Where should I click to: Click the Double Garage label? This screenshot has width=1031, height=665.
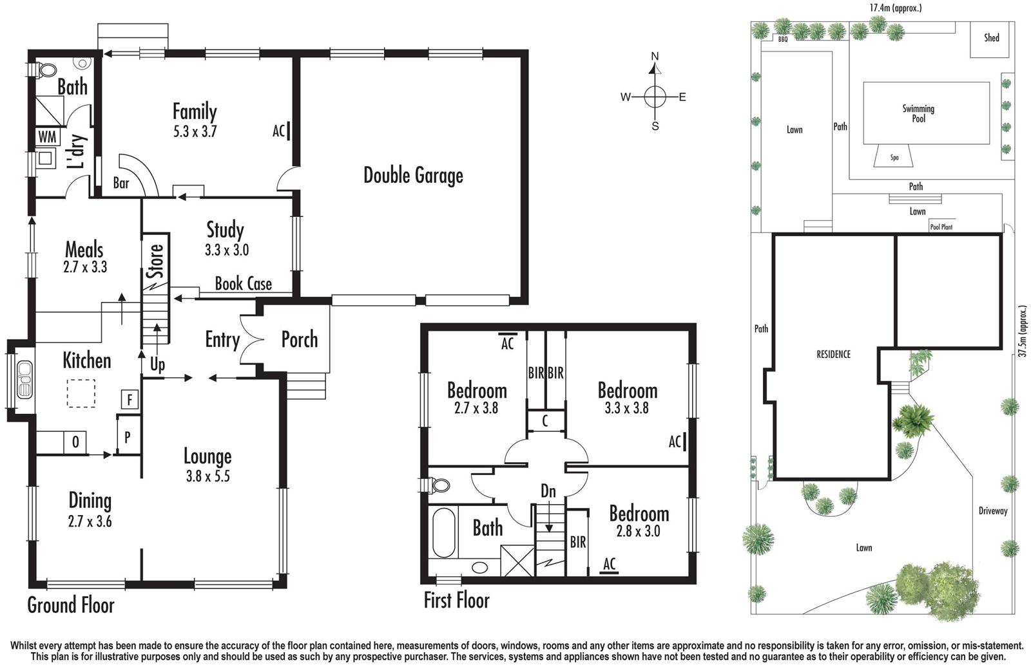(413, 175)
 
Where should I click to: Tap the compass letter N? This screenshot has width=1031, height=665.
(655, 57)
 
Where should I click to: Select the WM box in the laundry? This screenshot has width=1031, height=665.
(47, 137)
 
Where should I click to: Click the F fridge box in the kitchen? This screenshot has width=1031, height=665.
(130, 400)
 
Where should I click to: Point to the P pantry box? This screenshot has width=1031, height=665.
(128, 437)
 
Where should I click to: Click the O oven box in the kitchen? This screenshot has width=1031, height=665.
(75, 442)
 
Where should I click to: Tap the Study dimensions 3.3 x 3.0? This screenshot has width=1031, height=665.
(227, 250)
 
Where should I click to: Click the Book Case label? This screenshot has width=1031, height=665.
(243, 284)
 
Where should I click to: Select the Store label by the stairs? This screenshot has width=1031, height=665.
(155, 260)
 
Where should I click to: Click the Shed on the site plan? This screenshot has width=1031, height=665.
(991, 38)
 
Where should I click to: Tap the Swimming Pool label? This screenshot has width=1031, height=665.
(918, 113)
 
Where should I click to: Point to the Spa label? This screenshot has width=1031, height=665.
(894, 158)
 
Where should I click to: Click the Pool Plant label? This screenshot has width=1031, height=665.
(941, 227)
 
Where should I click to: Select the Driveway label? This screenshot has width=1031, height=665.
(992, 511)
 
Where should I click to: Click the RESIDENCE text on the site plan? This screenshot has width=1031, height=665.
(833, 355)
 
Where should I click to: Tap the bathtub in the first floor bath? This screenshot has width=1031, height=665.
(443, 534)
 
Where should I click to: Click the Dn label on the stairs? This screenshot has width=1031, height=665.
(548, 492)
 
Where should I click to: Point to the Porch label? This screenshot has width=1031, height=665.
(299, 340)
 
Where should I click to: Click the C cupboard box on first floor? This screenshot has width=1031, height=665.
(545, 422)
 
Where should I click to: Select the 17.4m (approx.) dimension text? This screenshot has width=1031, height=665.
(895, 8)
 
